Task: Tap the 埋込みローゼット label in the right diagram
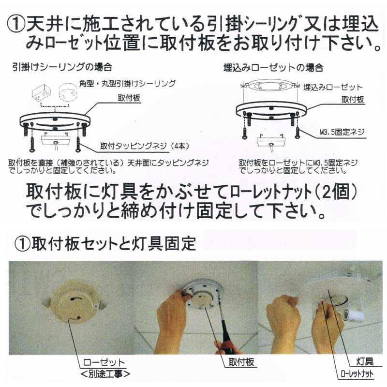[x=333, y=88]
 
